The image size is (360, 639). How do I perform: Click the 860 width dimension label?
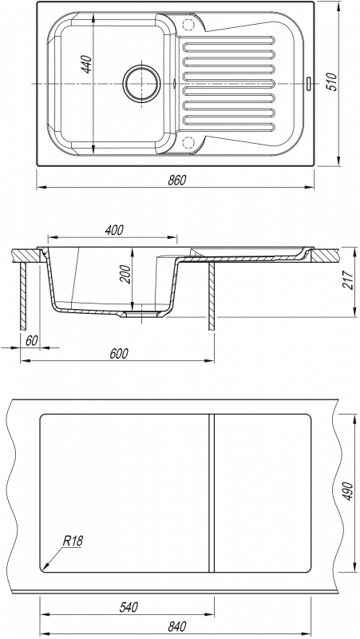[176, 180]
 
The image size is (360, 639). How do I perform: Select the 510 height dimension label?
[332, 82]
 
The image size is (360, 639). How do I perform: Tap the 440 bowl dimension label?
[87, 65]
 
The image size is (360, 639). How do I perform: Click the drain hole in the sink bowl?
[142, 84]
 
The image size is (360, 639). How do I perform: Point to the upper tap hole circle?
[188, 25]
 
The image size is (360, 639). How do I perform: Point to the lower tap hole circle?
[188, 142]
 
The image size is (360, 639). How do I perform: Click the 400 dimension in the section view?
[114, 230]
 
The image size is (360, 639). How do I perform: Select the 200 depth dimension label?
[125, 274]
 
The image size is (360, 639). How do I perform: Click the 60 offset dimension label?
[31, 341]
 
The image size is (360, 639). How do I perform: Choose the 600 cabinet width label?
[118, 353]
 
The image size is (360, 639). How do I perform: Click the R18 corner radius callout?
[73, 541]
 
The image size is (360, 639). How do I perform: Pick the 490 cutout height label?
[347, 491]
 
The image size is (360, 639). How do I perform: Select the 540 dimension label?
[129, 607]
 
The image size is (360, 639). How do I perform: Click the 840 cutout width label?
[176, 626]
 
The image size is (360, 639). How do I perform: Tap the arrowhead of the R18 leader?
[44, 567]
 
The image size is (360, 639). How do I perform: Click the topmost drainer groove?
[229, 41]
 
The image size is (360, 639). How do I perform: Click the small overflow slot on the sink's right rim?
[309, 82]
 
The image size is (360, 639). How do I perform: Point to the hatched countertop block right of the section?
[324, 255]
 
